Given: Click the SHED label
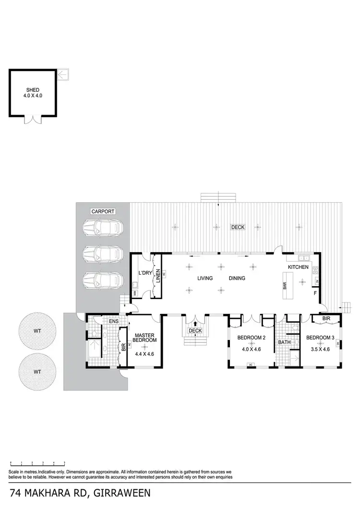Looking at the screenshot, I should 33,90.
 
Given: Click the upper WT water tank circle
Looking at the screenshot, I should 37,331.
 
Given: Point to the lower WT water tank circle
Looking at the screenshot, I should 37,372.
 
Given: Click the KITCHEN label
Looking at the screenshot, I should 298,267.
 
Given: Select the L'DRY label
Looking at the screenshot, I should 144,273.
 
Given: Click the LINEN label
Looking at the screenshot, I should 157,276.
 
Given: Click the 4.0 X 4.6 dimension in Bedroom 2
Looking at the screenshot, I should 249,349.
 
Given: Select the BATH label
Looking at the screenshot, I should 284,342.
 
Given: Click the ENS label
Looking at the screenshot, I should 114,321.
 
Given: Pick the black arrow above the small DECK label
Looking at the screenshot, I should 195,325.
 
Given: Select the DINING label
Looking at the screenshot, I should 237,278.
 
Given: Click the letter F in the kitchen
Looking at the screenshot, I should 315,293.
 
